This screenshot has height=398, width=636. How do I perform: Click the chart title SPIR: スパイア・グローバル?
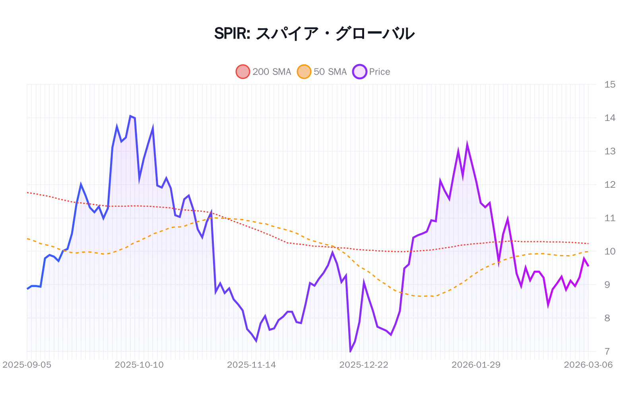[x=314, y=33]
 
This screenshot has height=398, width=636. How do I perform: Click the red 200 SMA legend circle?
[x=243, y=72]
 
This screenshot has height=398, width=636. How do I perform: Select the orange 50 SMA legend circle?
[x=304, y=72]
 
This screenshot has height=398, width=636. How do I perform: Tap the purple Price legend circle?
[x=359, y=72]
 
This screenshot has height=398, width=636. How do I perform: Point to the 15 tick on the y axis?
[x=609, y=84]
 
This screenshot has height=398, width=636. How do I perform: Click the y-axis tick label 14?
[x=609, y=118]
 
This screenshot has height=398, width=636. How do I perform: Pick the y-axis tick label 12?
[x=609, y=185]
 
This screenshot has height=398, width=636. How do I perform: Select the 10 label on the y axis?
[x=609, y=252]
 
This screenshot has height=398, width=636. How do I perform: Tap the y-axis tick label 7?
[x=607, y=351]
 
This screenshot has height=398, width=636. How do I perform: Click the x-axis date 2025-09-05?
[x=27, y=365]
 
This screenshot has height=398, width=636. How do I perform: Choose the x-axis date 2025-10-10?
[x=139, y=365]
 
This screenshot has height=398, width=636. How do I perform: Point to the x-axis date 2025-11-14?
[x=251, y=365]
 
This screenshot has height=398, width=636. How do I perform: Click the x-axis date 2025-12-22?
[x=363, y=365]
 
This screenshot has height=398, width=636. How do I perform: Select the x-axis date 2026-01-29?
[x=476, y=365]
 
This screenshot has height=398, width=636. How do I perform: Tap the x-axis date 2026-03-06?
[x=588, y=365]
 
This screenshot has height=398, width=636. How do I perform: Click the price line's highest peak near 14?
[x=130, y=116]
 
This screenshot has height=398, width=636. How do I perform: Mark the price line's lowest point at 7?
[x=350, y=351]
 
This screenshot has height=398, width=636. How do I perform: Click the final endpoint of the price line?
[x=588, y=266]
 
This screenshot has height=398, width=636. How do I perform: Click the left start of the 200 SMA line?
[x=27, y=193]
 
